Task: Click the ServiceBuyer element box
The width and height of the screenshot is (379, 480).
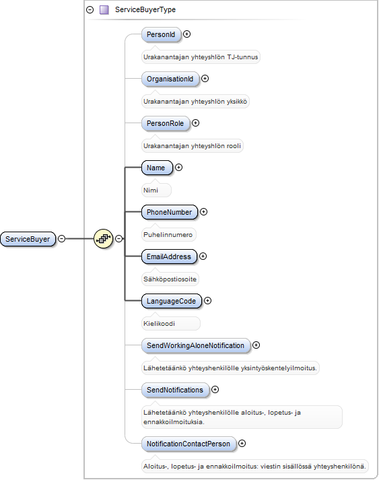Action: pyautogui.click(x=28, y=239)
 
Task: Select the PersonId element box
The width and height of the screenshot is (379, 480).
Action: pyautogui.click(x=161, y=34)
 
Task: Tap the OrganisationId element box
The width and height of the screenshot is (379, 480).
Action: pyautogui.click(x=170, y=79)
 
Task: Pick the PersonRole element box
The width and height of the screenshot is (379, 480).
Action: pyautogui.click(x=166, y=123)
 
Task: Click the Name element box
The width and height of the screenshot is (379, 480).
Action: pyautogui.click(x=157, y=168)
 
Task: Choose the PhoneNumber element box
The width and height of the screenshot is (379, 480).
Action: pyautogui.click(x=170, y=212)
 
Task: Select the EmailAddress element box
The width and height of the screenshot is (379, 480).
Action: pyautogui.click(x=169, y=256)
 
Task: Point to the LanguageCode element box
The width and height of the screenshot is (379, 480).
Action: pyautogui.click(x=172, y=301)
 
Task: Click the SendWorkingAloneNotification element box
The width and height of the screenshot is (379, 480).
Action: pyautogui.click(x=196, y=345)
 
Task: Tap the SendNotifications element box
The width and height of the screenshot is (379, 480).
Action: pyautogui.click(x=176, y=390)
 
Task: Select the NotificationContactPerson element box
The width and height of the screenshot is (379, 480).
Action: pyautogui.click(x=189, y=444)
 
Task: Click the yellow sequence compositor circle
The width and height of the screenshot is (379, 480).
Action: pyautogui.click(x=104, y=238)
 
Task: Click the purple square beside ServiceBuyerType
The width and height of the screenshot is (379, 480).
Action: pyautogui.click(x=104, y=10)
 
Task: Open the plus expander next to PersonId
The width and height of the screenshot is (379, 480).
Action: pyautogui.click(x=186, y=34)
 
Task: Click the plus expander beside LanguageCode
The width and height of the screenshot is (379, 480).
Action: pyautogui.click(x=207, y=301)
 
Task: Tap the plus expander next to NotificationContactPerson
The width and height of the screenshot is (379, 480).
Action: pyautogui.click(x=242, y=443)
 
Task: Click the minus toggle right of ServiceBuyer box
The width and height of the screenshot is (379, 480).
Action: pyautogui.click(x=61, y=238)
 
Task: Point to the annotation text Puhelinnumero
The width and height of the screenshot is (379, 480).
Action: pyautogui.click(x=168, y=235)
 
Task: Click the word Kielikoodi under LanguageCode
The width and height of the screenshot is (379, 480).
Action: pyautogui.click(x=159, y=324)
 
